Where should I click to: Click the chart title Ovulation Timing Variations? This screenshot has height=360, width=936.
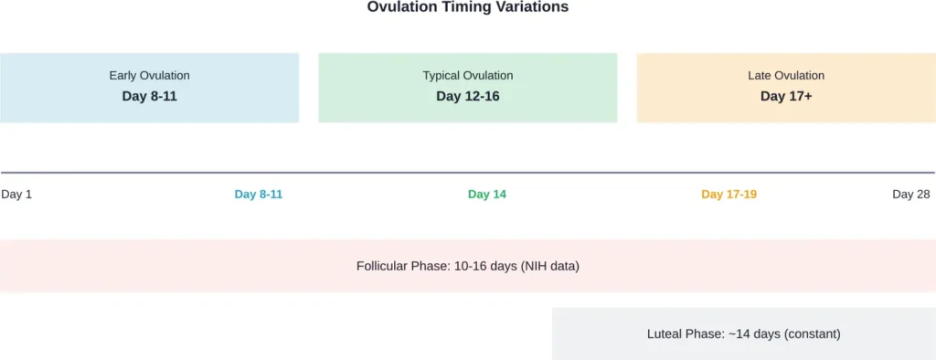click(467, 7)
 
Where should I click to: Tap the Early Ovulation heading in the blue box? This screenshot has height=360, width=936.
click(149, 76)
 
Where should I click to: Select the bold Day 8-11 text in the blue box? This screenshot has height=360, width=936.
click(149, 96)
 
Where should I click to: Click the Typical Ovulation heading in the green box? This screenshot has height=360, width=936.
click(467, 76)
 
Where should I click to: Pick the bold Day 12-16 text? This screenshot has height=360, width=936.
click(467, 96)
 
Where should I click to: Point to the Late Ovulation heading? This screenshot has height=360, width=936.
click(786, 76)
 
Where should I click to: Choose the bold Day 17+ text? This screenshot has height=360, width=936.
click(786, 96)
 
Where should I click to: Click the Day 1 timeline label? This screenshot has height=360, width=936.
click(16, 195)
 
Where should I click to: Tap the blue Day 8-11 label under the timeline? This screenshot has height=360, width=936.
click(259, 195)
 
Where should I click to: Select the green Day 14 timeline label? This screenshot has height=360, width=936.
click(486, 195)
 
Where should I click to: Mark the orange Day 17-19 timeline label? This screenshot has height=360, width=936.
click(729, 195)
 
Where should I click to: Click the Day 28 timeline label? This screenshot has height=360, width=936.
click(910, 195)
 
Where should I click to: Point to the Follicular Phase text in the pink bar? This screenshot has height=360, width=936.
click(402, 267)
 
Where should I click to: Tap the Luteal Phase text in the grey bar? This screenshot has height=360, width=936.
click(686, 334)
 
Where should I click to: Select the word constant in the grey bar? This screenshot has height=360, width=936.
click(813, 334)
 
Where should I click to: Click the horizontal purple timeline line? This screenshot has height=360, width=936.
click(467, 173)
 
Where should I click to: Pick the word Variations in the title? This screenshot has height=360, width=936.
click(534, 7)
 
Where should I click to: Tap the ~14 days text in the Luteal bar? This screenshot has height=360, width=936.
click(754, 334)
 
